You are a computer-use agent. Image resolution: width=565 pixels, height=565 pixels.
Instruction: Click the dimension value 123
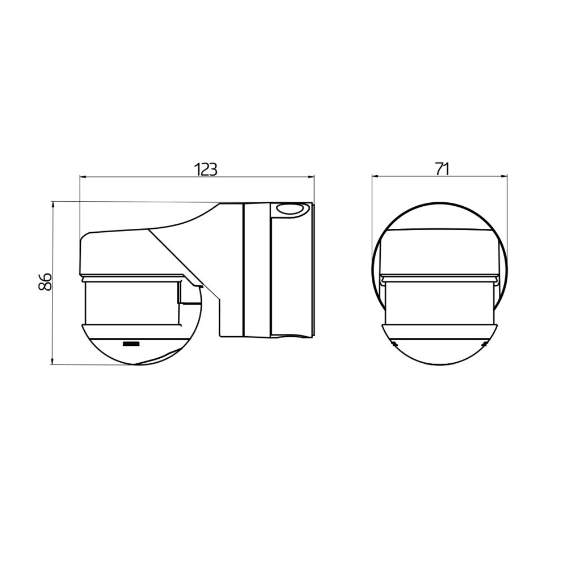tap(206, 169)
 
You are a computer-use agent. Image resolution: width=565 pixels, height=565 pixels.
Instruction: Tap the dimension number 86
tap(45, 282)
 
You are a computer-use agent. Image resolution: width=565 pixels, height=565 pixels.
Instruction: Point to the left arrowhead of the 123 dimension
tap(82, 177)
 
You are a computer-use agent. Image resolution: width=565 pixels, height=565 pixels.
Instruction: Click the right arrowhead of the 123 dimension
tap(311, 177)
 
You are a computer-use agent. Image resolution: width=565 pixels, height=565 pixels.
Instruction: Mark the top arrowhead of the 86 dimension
tap(53, 205)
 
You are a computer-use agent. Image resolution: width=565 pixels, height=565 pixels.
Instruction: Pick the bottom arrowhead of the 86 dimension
tap(53, 360)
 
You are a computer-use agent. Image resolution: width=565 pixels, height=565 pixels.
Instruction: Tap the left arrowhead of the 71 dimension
tap(375, 176)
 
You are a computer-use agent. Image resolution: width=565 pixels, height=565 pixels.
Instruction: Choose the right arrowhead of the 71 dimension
tap(504, 176)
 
